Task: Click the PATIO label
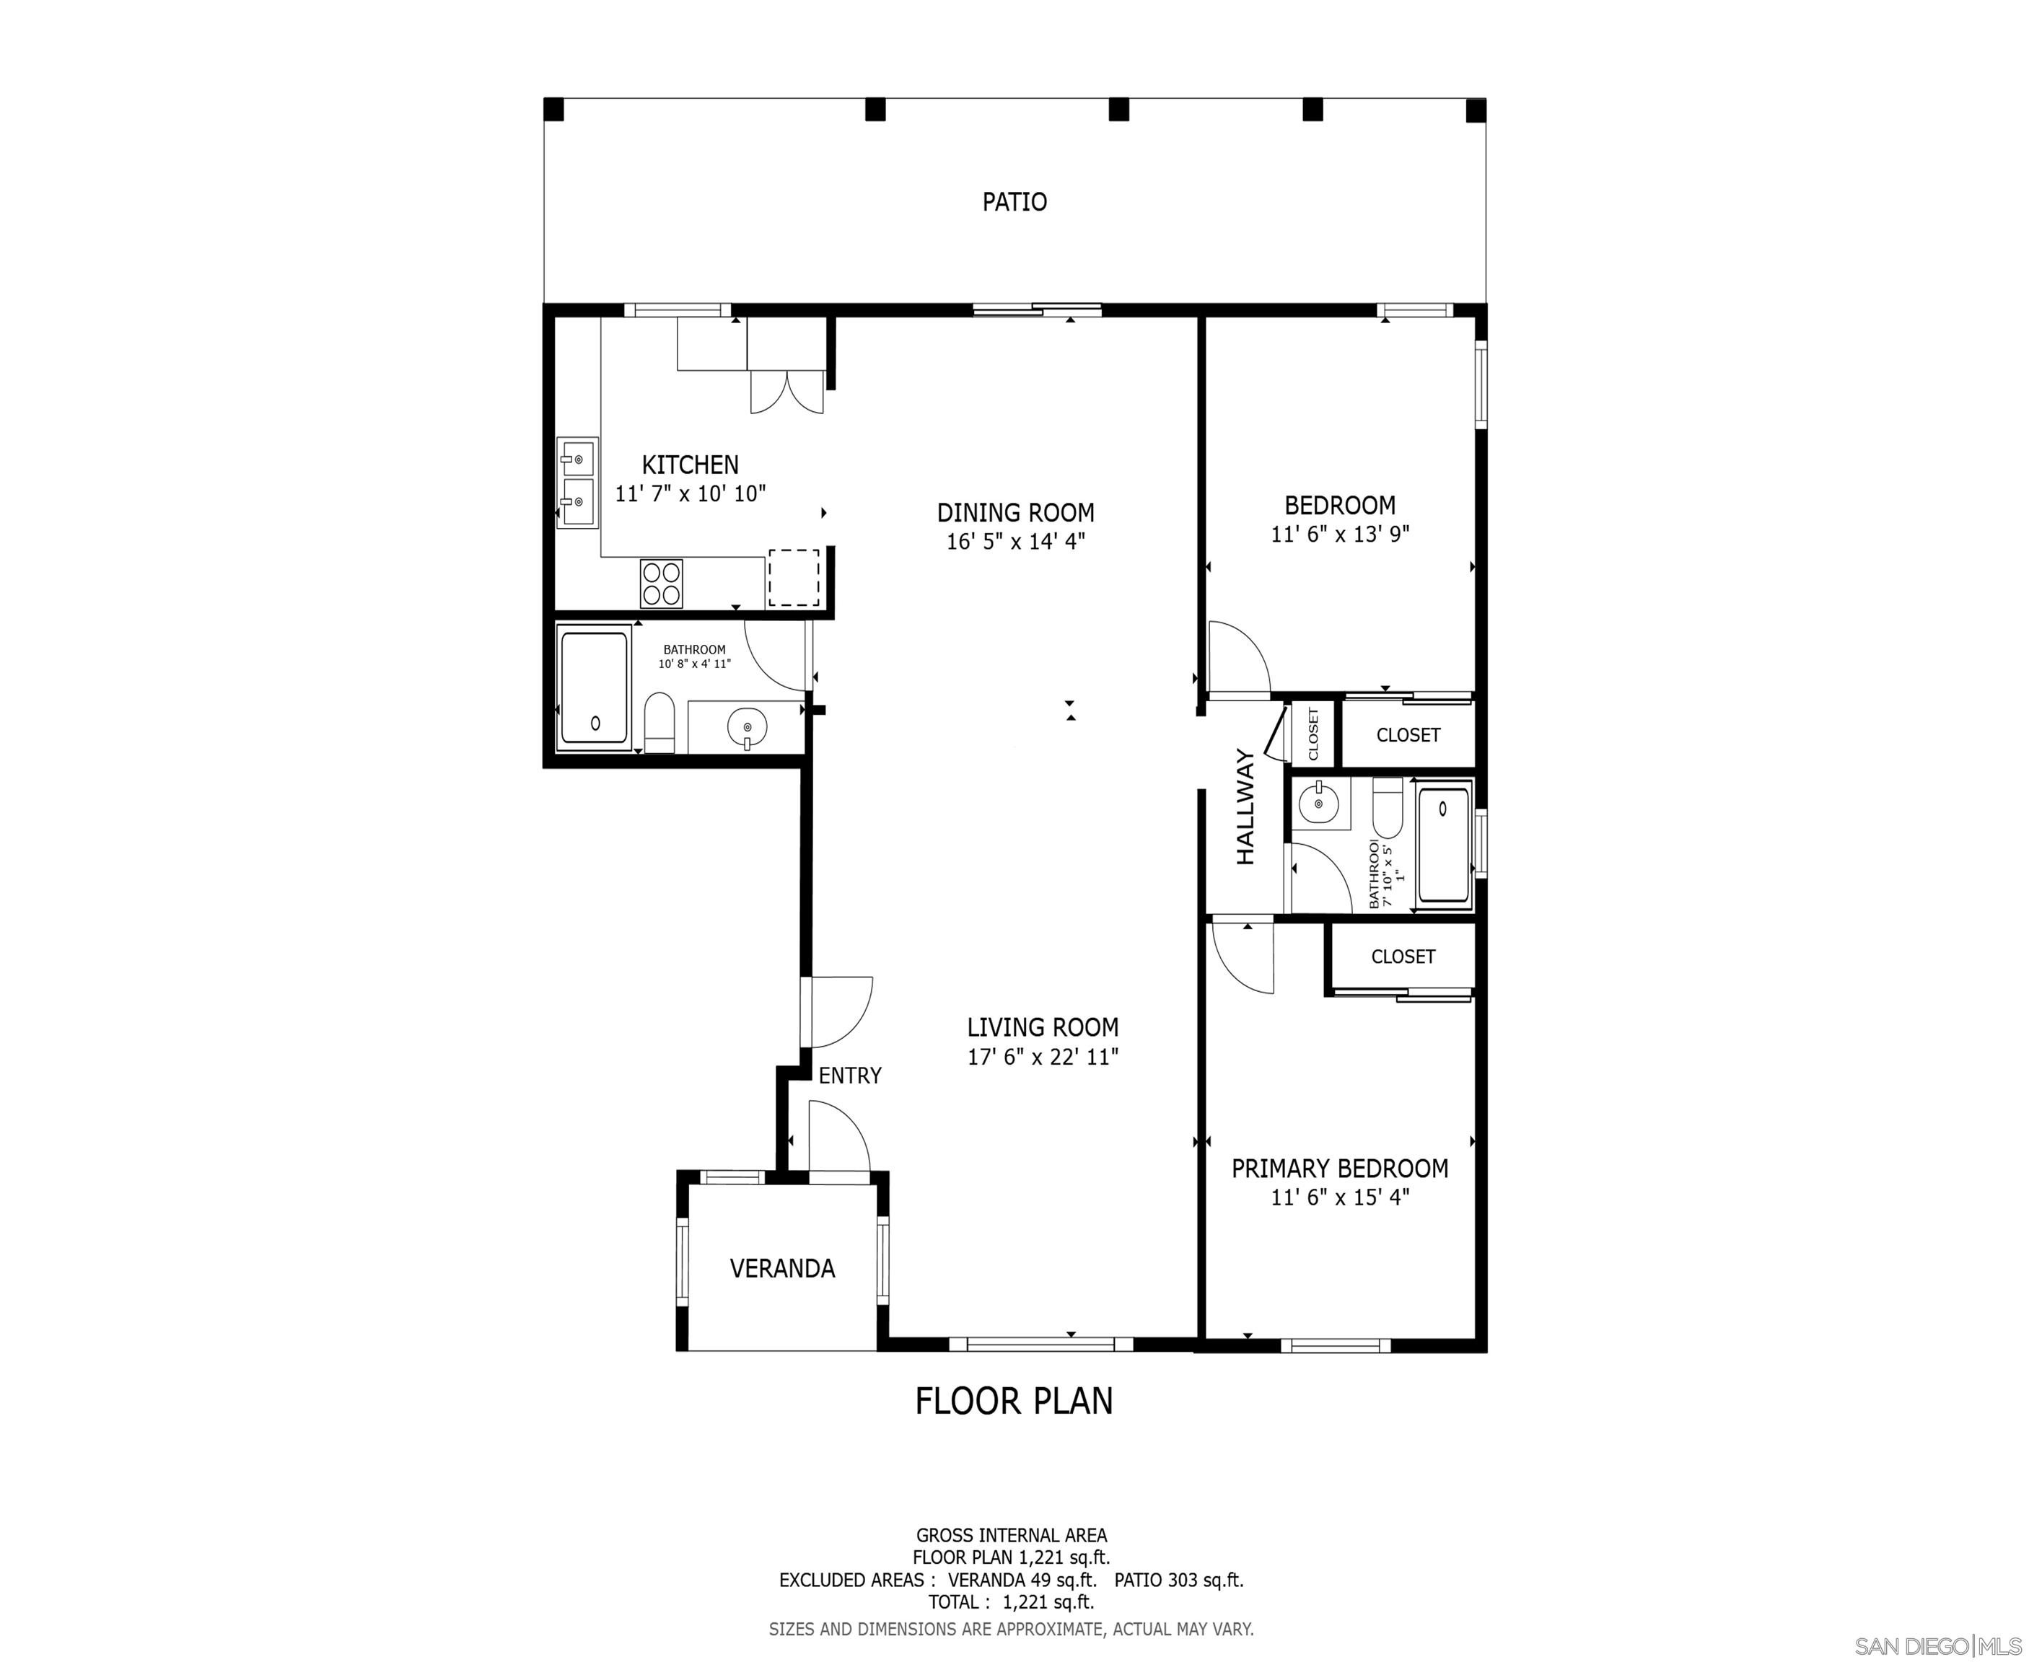click(1014, 202)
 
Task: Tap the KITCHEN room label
click(689, 465)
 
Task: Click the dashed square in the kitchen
click(794, 577)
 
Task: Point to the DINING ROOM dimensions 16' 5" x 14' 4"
click(1016, 542)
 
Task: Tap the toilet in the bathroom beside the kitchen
click(659, 723)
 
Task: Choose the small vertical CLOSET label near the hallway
click(1313, 734)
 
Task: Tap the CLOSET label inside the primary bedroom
click(1403, 957)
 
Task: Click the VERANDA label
click(782, 1269)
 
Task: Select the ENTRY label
click(849, 1076)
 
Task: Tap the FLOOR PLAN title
click(1014, 1401)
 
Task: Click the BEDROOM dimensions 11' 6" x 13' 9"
click(1340, 535)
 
